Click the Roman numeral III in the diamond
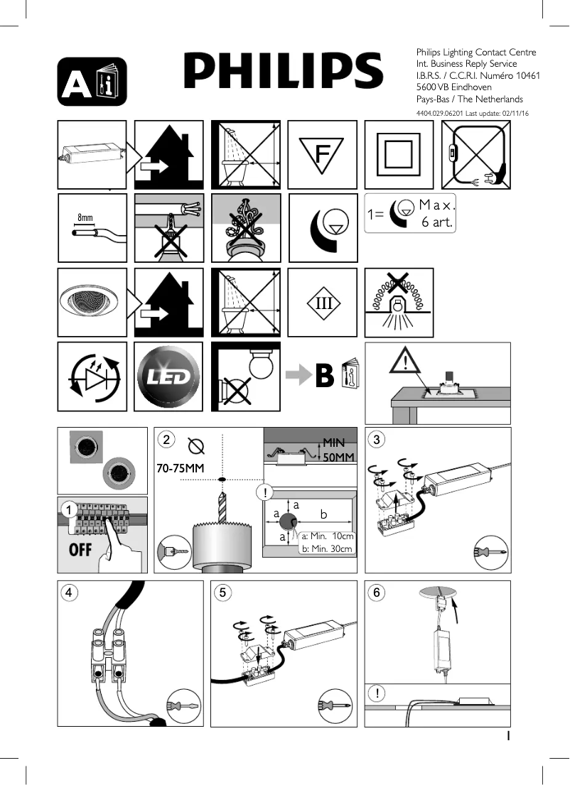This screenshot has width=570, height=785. pyautogui.click(x=323, y=303)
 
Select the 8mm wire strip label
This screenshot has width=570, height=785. pyautogui.click(x=85, y=217)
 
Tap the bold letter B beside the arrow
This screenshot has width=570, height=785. pyautogui.click(x=325, y=377)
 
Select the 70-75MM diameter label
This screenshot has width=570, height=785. pyautogui.click(x=181, y=469)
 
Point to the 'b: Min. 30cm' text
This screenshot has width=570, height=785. pyautogui.click(x=327, y=548)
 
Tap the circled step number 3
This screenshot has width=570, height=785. pyautogui.click(x=377, y=440)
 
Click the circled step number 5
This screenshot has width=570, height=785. pyautogui.click(x=224, y=592)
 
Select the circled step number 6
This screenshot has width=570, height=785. pyautogui.click(x=377, y=592)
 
